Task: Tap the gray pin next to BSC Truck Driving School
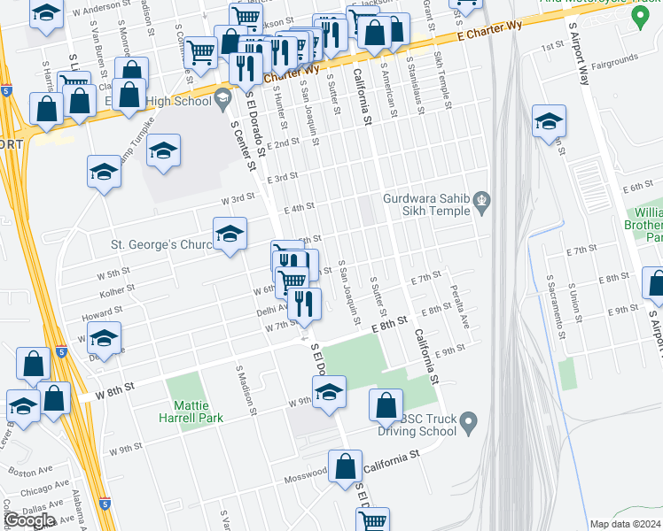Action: (470, 419)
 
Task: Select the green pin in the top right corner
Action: (637, 16)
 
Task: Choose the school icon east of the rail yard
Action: (549, 122)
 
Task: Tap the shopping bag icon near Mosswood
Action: (346, 466)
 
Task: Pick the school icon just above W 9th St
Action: (328, 391)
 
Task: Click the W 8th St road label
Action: (116, 387)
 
